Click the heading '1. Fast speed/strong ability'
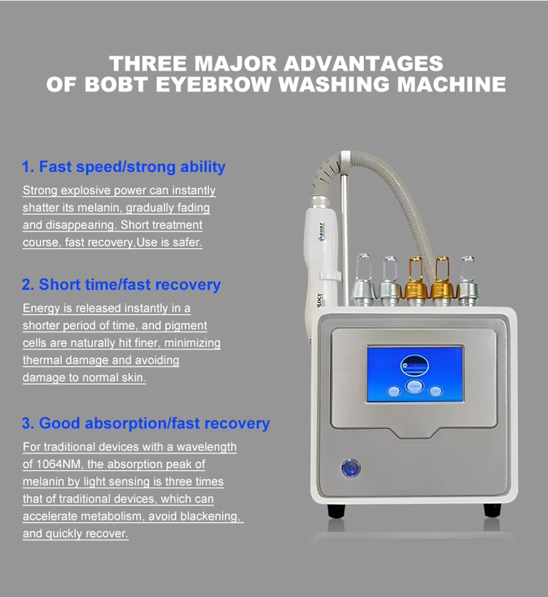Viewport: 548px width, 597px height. click(123, 167)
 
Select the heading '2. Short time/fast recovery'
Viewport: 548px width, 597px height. click(121, 285)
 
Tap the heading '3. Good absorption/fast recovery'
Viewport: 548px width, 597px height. click(145, 423)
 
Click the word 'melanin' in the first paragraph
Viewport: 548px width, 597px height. click(93, 208)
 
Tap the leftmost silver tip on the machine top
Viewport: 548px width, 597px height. click(363, 280)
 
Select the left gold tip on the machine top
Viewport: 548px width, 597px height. click(415, 280)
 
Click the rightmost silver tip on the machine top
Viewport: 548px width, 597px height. click(467, 282)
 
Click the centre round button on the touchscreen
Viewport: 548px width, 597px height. click(414, 385)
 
